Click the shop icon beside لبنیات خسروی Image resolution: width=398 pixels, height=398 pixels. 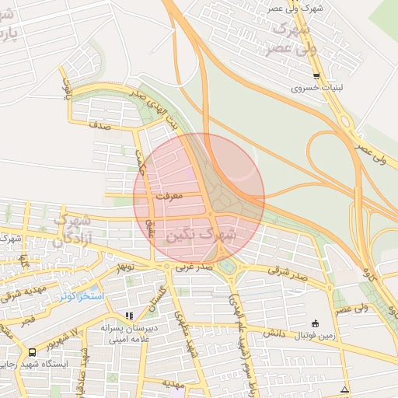[x=316, y=75]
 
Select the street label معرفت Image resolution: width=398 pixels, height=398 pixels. [x=168, y=197]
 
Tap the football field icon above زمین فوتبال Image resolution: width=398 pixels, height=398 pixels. [x=315, y=323]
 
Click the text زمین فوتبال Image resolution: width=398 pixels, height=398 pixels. [x=316, y=336]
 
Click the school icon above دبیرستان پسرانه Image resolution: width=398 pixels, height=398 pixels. [x=129, y=316]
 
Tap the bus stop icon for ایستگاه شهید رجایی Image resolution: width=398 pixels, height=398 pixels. [x=31, y=351]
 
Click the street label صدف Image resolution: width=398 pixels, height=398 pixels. [x=100, y=124]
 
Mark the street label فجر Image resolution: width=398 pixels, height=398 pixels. [x=27, y=320]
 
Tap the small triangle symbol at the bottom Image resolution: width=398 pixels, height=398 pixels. [x=344, y=389]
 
